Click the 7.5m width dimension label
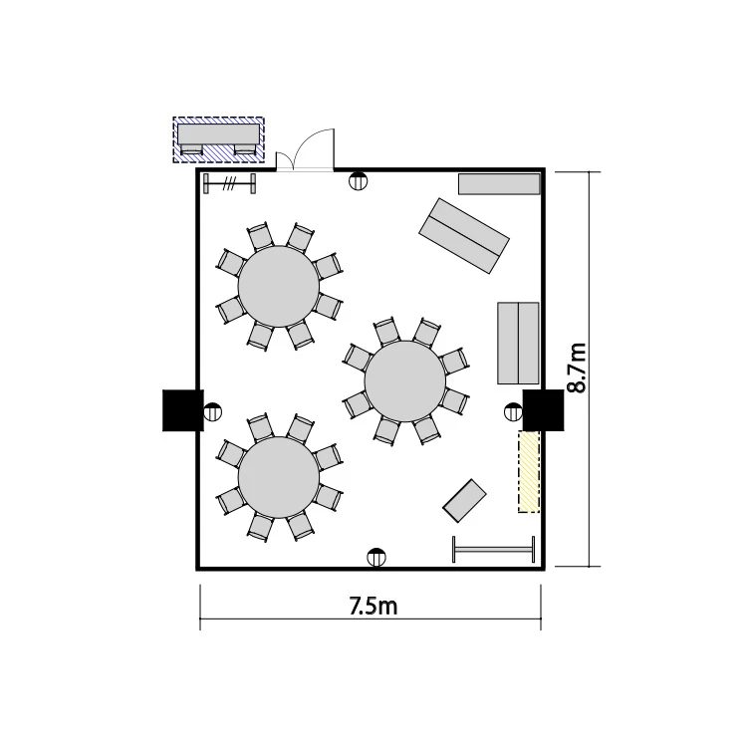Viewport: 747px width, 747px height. coord(373,606)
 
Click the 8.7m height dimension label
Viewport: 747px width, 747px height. coord(577,368)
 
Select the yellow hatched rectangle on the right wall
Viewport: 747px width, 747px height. coord(529,472)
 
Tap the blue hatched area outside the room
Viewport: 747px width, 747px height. coord(219,139)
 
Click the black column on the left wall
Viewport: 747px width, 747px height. coord(183,410)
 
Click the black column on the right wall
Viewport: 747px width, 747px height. coord(543,410)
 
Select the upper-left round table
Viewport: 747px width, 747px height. coord(279,286)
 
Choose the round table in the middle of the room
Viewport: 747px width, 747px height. coord(405,381)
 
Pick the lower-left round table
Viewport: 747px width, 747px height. coord(279,478)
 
